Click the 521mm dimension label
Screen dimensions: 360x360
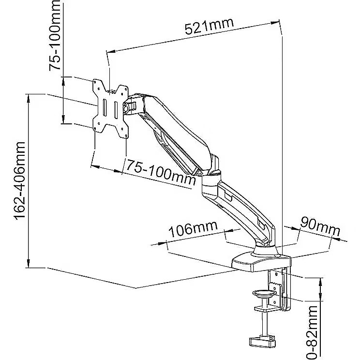pyautogui.click(x=209, y=27)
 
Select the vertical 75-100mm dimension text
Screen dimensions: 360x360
pyautogui.click(x=57, y=35)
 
